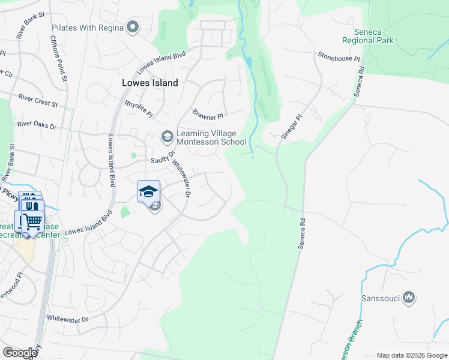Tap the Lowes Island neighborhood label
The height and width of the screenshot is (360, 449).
(149, 83)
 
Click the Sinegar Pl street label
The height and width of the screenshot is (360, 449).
(290, 128)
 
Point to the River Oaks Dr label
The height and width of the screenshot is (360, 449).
(37, 125)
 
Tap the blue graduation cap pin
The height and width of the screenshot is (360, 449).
(148, 191)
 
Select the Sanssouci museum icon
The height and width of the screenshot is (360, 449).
(409, 297)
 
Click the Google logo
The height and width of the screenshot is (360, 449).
(19, 353)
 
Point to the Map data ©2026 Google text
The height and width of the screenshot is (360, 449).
(411, 355)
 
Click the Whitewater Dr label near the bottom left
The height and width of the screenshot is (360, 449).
(67, 319)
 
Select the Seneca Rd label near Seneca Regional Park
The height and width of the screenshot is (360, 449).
(360, 82)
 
